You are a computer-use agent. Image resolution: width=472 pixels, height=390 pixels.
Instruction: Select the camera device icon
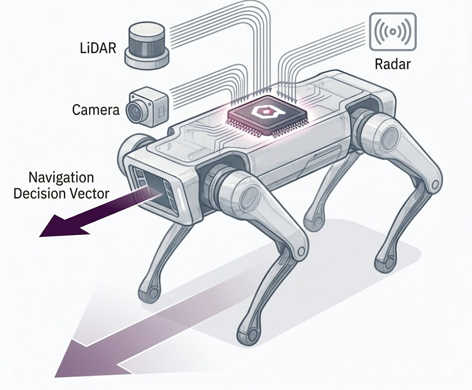point(148,107)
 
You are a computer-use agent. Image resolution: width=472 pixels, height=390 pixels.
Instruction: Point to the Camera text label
point(96,110)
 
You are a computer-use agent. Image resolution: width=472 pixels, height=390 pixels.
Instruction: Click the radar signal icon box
point(393,31)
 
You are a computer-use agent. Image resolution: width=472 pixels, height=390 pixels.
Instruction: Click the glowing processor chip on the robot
point(260,115)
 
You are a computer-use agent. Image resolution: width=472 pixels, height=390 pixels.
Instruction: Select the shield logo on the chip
point(260,112)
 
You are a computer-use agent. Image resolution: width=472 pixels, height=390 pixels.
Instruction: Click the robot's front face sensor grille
point(154,189)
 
